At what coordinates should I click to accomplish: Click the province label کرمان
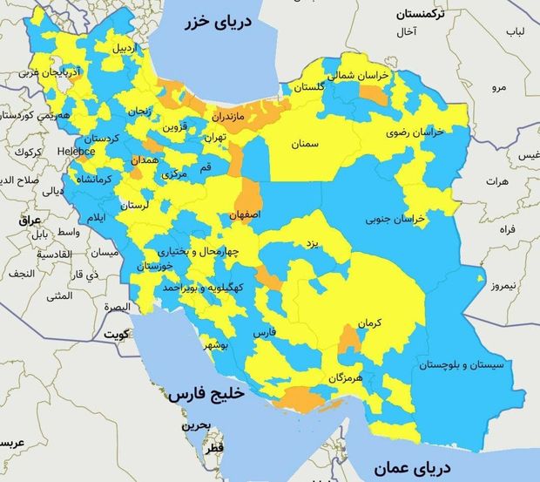tap(369, 322)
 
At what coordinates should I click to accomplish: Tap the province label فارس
tap(264, 333)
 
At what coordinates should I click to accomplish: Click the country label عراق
tap(18, 221)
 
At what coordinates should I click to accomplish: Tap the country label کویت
tap(116, 334)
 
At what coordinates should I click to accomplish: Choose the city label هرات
tap(497, 182)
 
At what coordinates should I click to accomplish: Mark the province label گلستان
tap(309, 88)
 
